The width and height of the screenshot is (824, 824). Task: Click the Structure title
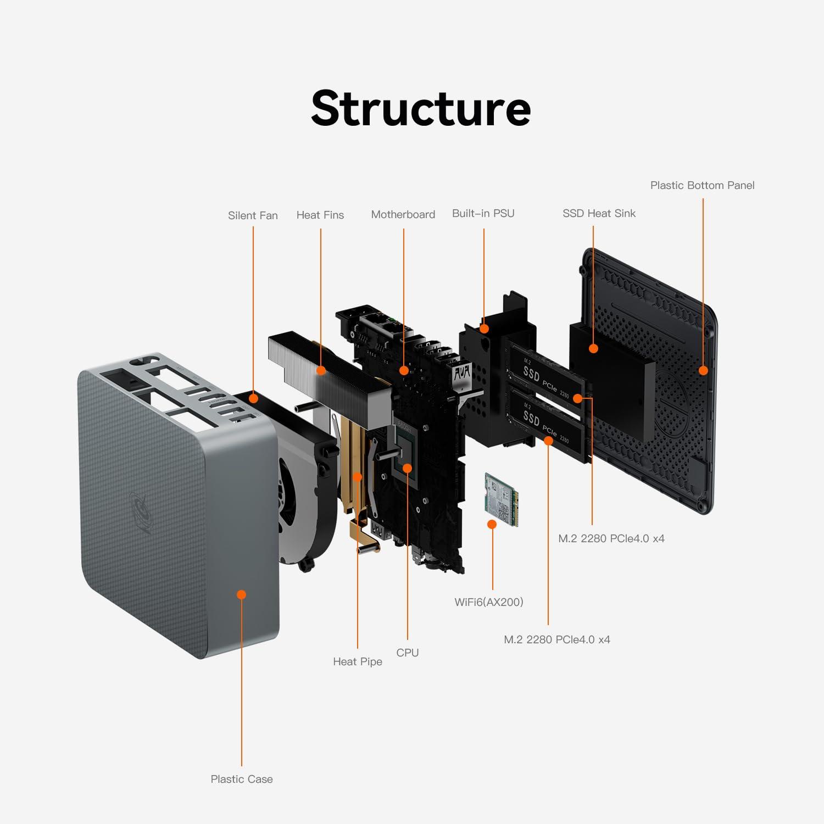pos(421,108)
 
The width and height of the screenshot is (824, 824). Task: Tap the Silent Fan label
pos(253,215)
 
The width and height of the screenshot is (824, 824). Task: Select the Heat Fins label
pos(320,215)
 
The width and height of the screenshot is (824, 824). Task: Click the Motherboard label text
pos(403,214)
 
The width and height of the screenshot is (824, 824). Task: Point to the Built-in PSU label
pos(483,213)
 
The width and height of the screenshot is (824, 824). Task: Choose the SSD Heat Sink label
pos(599,213)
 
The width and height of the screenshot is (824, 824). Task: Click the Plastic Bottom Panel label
pos(702,185)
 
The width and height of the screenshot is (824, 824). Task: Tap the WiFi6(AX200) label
pos(488,602)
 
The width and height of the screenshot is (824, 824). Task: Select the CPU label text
pos(407,653)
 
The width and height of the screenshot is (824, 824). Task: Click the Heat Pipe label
pos(357,661)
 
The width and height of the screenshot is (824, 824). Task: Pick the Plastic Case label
pos(241,779)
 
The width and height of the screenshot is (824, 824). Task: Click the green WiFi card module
pos(501,499)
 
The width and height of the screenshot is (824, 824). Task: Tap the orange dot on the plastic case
pos(241,594)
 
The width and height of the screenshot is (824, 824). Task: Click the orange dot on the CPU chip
pos(407,468)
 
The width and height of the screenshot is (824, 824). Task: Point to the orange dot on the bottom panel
pos(703,370)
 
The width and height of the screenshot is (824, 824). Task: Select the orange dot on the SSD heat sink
pos(593,348)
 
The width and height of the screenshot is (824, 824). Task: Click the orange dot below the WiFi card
pos(492,525)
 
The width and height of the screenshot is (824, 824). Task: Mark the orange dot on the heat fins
pos(321,370)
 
